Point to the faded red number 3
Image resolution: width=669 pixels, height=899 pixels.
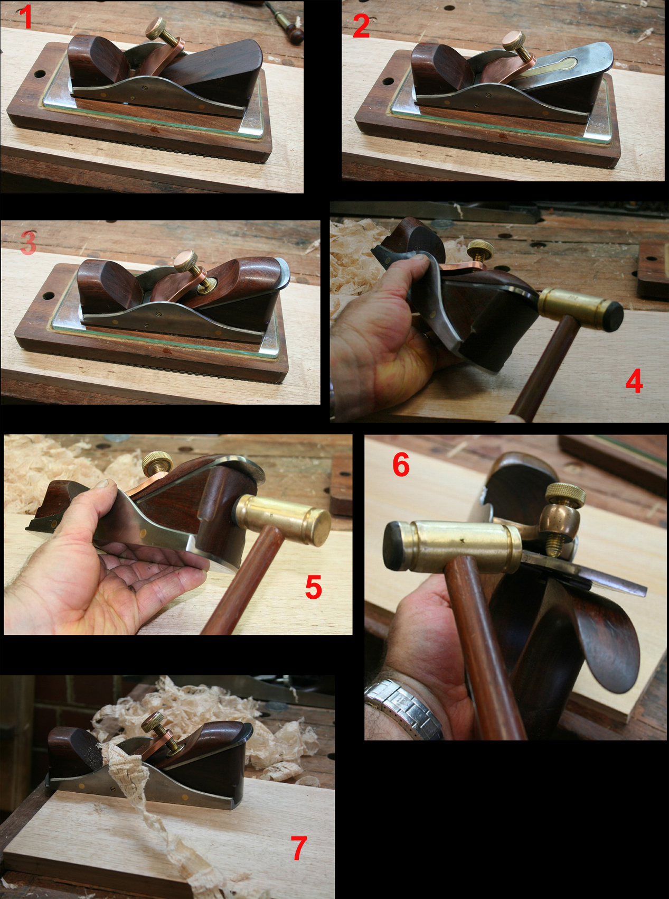point(28,243)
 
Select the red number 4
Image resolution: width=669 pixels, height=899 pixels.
point(634,381)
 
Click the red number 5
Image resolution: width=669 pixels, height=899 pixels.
point(314,587)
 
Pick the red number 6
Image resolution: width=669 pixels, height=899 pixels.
point(401,465)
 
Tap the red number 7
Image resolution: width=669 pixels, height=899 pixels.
point(299,848)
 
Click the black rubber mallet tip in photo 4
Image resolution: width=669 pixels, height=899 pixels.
point(613,316)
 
